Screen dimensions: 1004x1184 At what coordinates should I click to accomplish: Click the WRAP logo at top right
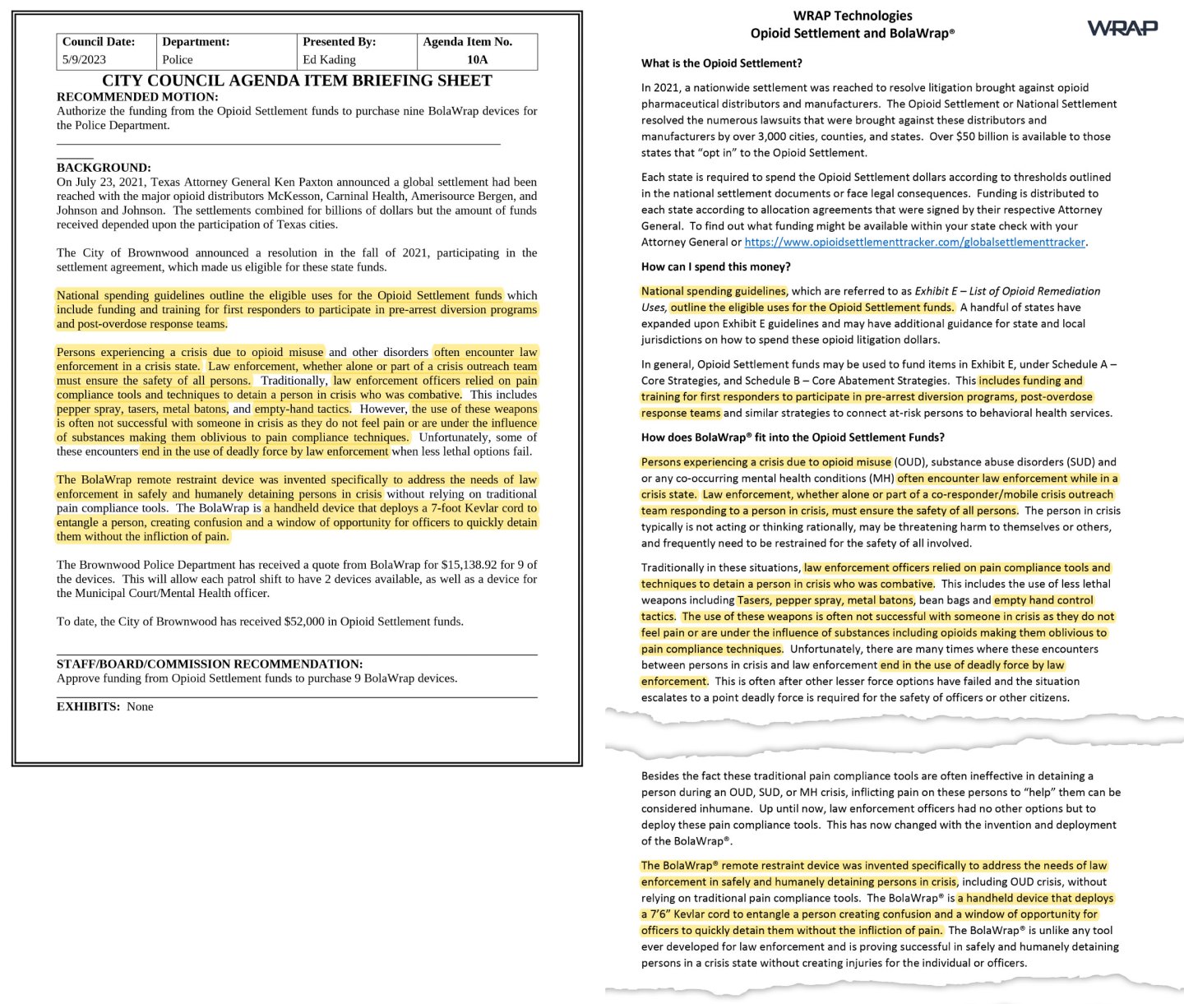pyautogui.click(x=1122, y=28)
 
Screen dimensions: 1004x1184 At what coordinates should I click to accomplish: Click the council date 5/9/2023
pyautogui.click(x=84, y=59)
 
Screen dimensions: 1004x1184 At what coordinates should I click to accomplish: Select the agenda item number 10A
pyautogui.click(x=477, y=59)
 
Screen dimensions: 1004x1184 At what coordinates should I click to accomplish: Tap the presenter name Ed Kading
pyautogui.click(x=329, y=59)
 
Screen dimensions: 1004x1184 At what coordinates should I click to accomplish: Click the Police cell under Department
pyautogui.click(x=178, y=59)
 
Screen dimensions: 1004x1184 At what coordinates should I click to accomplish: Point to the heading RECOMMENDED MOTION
pyautogui.click(x=137, y=96)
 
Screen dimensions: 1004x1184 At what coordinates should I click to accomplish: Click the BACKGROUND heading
pyautogui.click(x=104, y=167)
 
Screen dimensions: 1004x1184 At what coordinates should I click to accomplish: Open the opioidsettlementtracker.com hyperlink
pyautogui.click(x=914, y=242)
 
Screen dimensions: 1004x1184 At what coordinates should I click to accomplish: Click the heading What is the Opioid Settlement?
pyautogui.click(x=721, y=63)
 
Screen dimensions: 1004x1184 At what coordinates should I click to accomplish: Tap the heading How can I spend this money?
pyautogui.click(x=715, y=266)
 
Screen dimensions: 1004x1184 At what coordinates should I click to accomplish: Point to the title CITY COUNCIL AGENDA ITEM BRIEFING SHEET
pyautogui.click(x=297, y=81)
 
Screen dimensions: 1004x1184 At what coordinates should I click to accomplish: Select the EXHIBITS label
pyautogui.click(x=88, y=706)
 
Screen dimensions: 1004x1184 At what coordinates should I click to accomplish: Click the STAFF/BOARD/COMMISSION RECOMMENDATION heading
pyautogui.click(x=209, y=664)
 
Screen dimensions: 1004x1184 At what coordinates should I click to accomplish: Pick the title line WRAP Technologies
pyautogui.click(x=852, y=16)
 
